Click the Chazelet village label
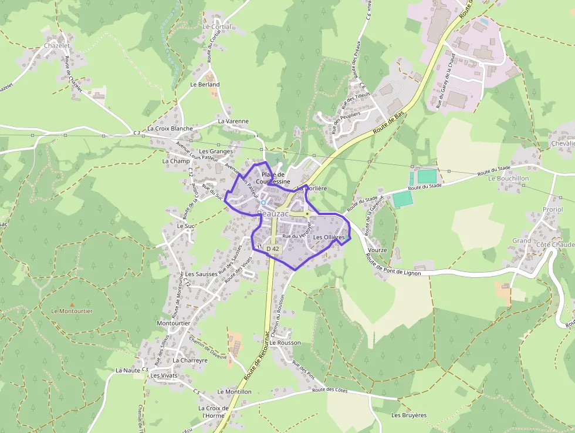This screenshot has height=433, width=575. [57, 45]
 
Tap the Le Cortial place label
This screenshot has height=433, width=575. [217, 27]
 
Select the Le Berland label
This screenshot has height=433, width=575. [205, 85]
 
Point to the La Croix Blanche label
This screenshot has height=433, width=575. [170, 129]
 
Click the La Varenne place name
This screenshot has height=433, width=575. [233, 122]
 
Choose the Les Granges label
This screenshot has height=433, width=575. [216, 152]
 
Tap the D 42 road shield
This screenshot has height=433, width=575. [273, 249]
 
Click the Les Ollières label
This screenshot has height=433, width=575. [329, 237]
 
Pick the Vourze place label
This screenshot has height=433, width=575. [377, 250]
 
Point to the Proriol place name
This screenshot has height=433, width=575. [552, 210]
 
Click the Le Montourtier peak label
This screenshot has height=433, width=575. [72, 311]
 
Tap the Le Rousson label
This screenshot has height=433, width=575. [285, 343]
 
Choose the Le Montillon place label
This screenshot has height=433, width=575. [234, 392]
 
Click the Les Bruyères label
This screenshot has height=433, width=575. [409, 415]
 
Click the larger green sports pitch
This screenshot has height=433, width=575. [427, 176]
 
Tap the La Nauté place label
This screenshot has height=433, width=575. [128, 371]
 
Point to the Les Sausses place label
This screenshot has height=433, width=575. [201, 274]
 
